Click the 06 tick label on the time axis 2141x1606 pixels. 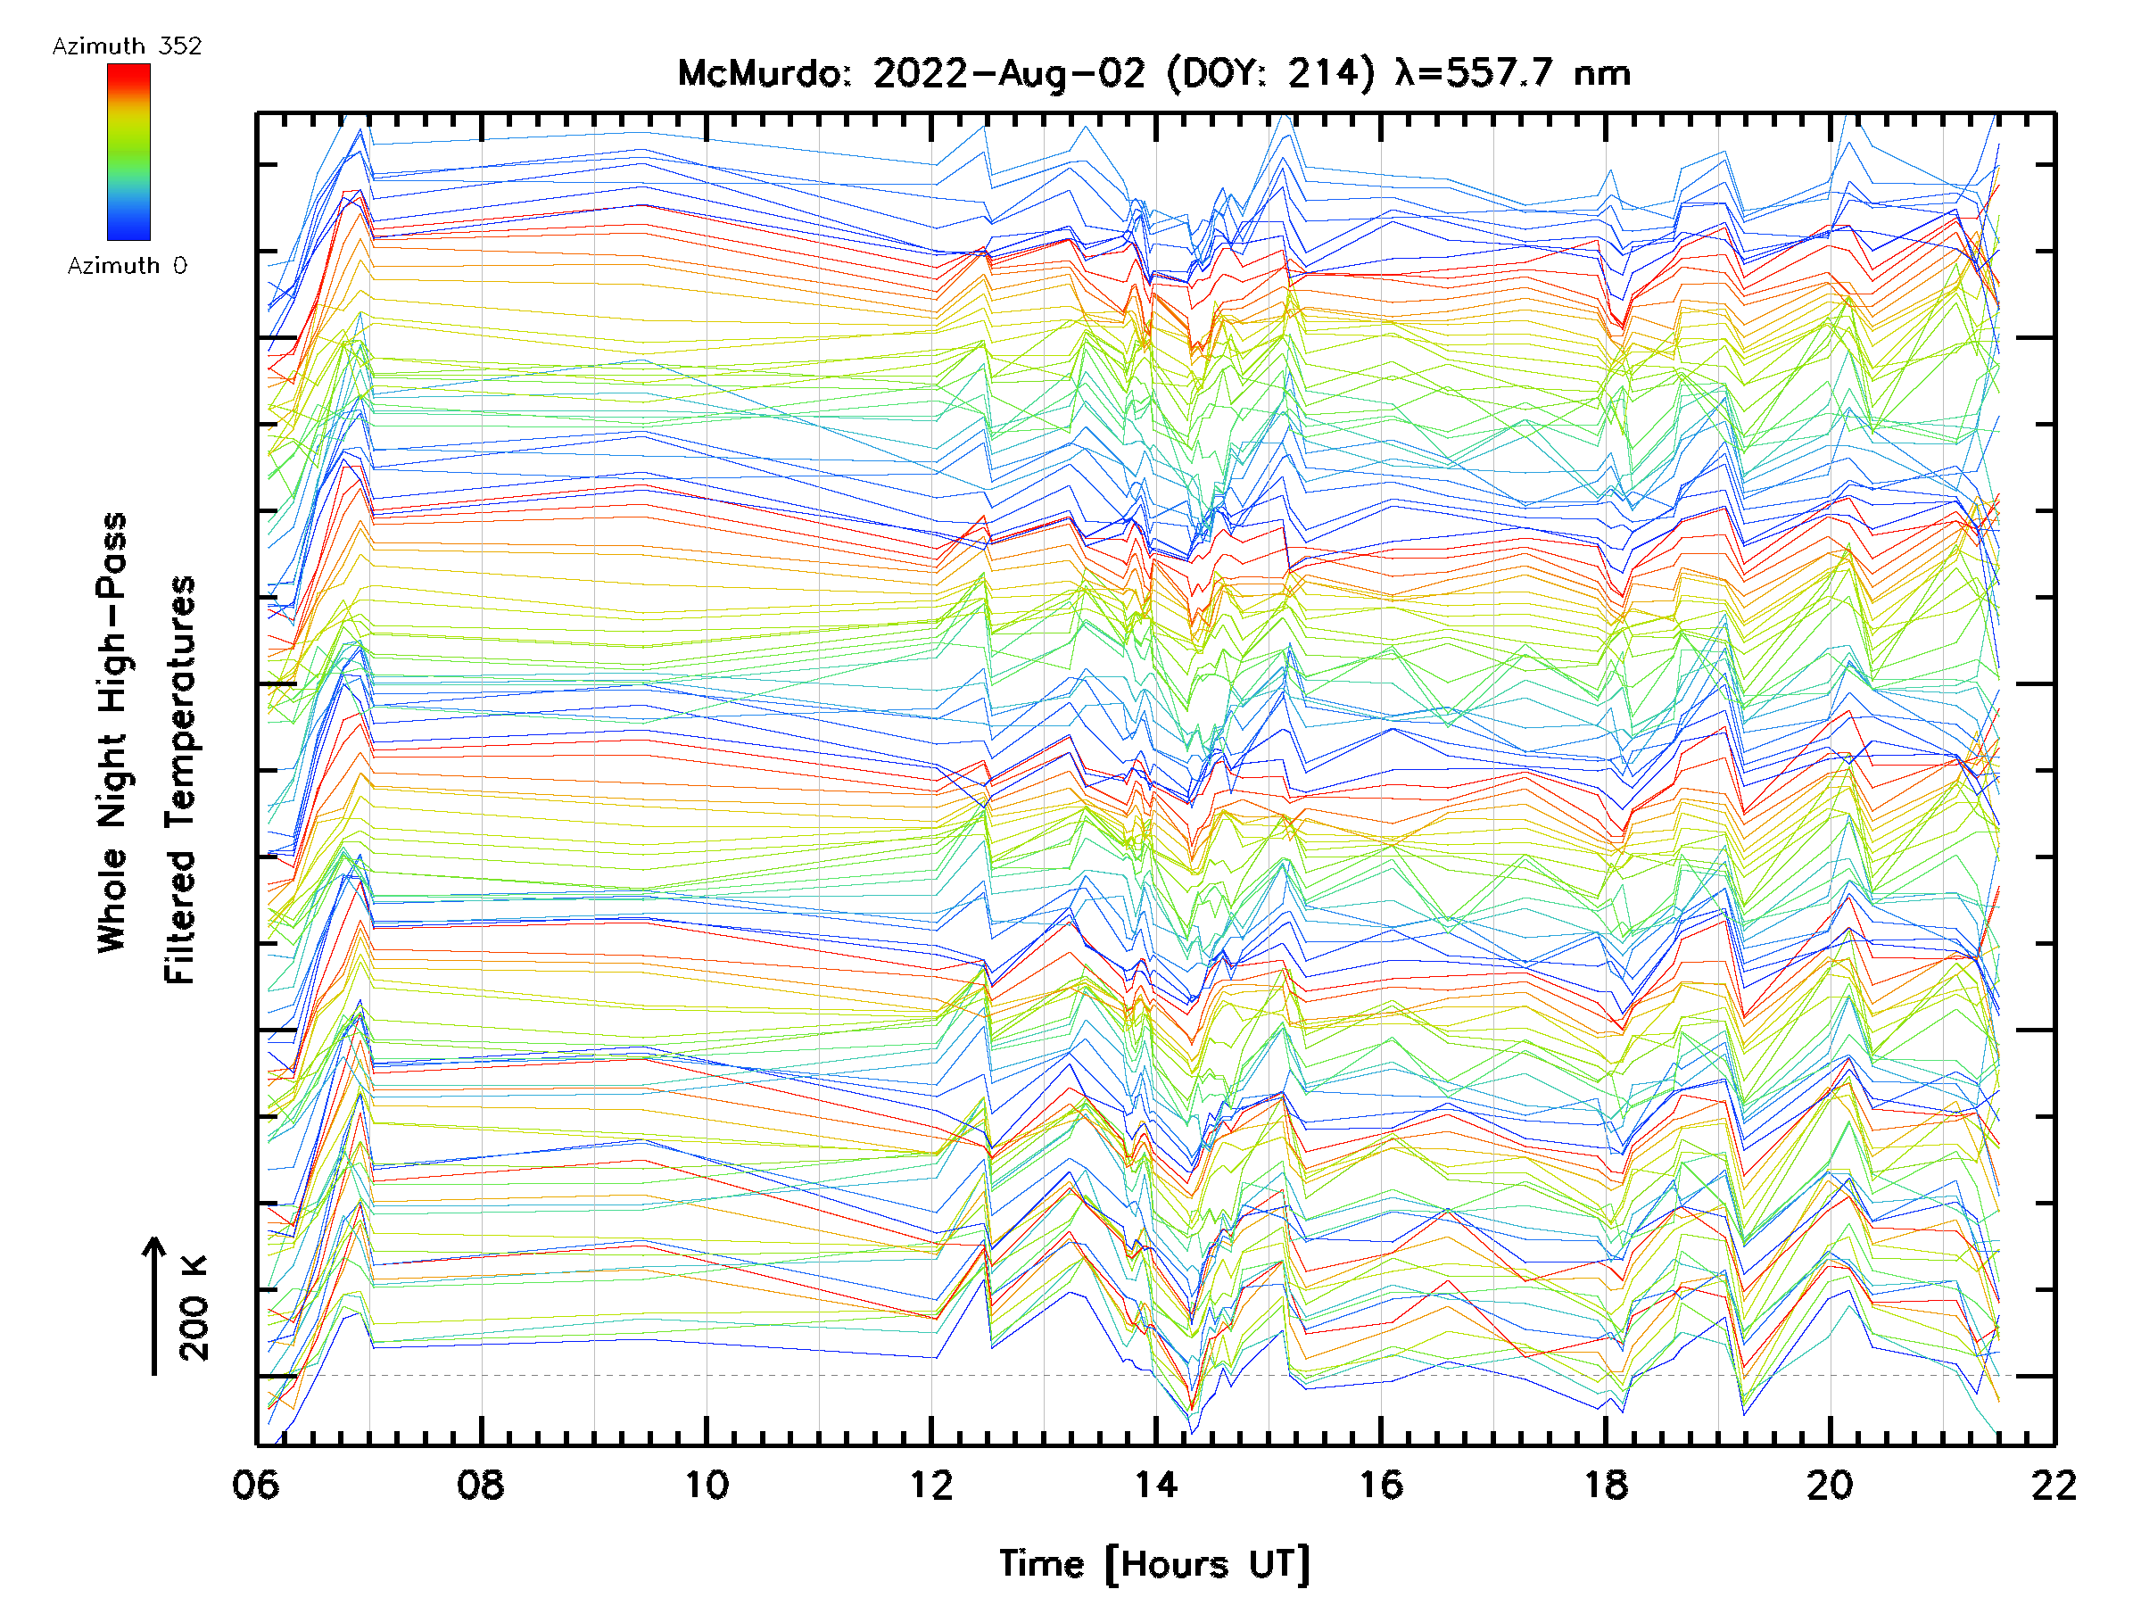[254, 1485]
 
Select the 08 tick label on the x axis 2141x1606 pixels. [480, 1485]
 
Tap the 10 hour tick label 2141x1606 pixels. [707, 1485]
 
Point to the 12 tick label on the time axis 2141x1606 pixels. [931, 1485]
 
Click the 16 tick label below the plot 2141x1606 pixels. [1380, 1485]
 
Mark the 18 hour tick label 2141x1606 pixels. [1606, 1485]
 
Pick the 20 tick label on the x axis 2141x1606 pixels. [1830, 1485]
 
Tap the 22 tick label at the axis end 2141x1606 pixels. [2054, 1485]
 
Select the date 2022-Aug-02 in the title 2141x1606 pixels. [1009, 73]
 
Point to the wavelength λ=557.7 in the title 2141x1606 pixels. [1476, 73]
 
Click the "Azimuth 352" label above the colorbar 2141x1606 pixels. [127, 46]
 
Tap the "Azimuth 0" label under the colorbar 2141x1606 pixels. [127, 265]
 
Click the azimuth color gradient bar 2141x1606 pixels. [128, 152]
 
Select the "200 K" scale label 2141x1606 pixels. [194, 1308]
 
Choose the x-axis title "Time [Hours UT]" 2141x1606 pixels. [1153, 1564]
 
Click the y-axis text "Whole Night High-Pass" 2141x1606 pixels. [112, 732]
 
